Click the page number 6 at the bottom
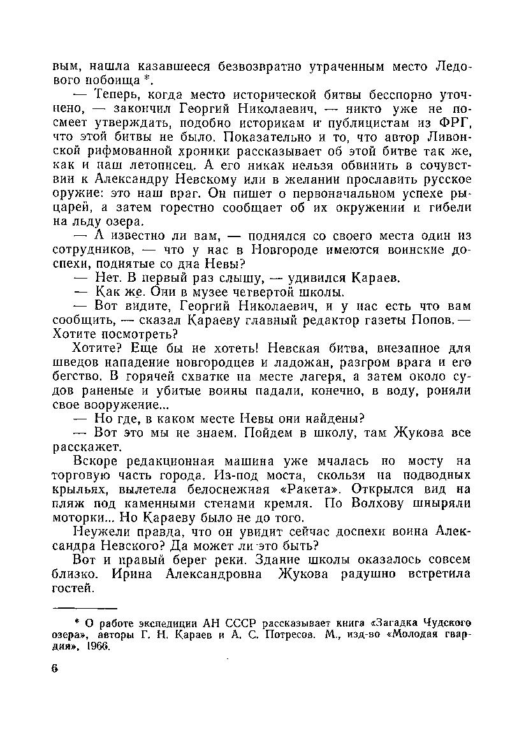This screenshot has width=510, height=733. [55, 669]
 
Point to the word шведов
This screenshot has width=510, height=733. [72, 363]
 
